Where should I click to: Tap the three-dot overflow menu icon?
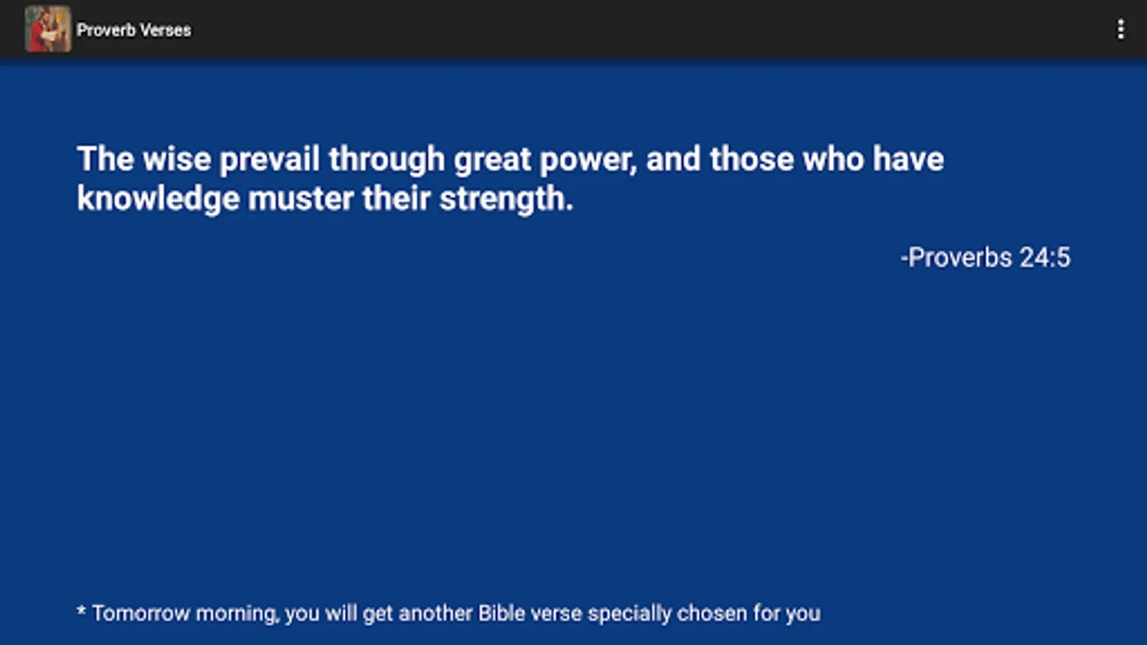pyautogui.click(x=1121, y=29)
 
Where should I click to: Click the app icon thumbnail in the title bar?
pyautogui.click(x=48, y=29)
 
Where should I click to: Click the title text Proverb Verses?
pyautogui.click(x=134, y=30)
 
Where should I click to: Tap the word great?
pyautogui.click(x=492, y=161)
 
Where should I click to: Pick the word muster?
pyautogui.click(x=301, y=199)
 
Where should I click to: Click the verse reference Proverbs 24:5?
pyautogui.click(x=986, y=257)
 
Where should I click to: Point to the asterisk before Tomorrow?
pyautogui.click(x=81, y=610)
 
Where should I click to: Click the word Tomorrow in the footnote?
pyautogui.click(x=141, y=613)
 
